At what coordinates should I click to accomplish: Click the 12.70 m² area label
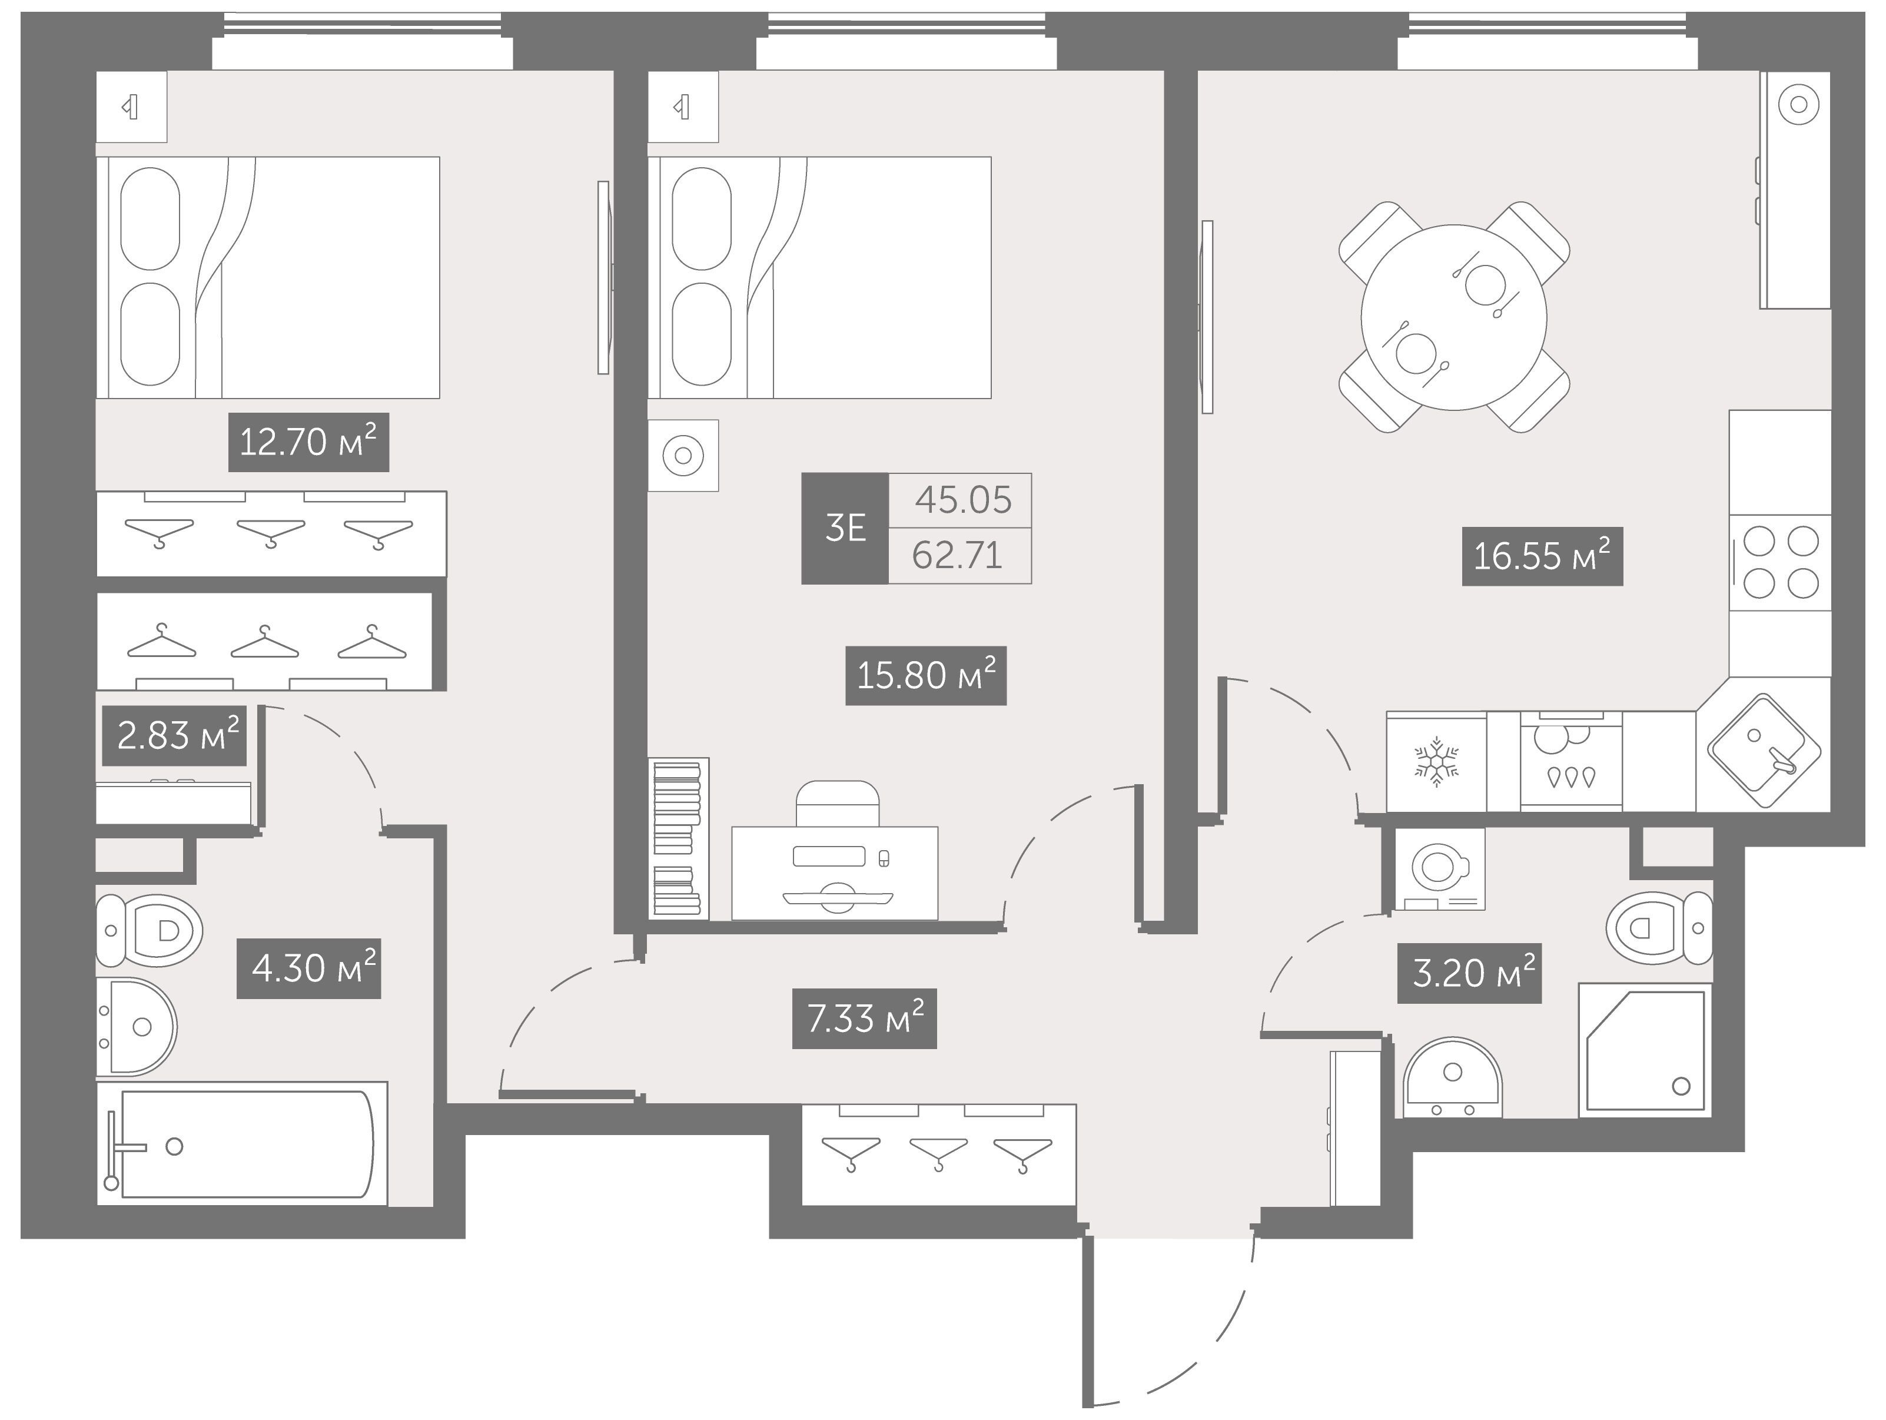click(x=308, y=442)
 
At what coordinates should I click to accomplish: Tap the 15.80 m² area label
click(x=926, y=675)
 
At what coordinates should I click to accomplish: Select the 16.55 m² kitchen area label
click(x=1542, y=556)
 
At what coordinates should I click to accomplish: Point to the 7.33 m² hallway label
click(x=865, y=1018)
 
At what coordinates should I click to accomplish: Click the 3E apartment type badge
click(x=845, y=529)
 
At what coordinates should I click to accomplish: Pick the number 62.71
click(x=957, y=556)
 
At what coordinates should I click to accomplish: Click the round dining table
click(x=1454, y=317)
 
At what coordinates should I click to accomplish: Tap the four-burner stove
click(x=1780, y=563)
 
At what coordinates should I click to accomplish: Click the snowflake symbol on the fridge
click(x=1437, y=761)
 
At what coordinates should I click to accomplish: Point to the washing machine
click(x=1439, y=869)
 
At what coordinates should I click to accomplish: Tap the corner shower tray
click(x=1646, y=1050)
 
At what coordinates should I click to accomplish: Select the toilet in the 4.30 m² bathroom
click(x=149, y=930)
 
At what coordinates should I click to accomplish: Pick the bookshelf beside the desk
click(x=679, y=838)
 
